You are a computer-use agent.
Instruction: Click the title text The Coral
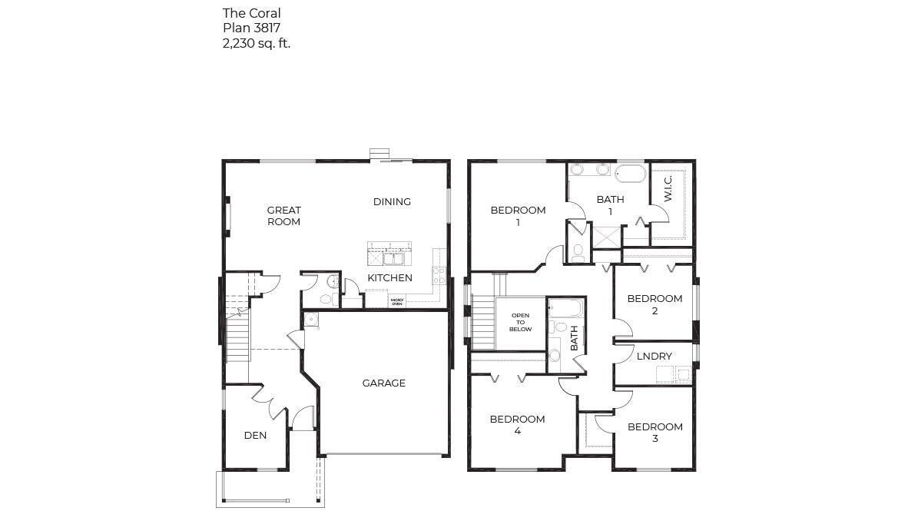pos(251,13)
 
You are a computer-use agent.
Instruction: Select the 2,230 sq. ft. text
pos(256,44)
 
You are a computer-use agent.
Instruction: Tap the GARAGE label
pos(383,383)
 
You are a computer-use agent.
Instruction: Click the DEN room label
pos(255,436)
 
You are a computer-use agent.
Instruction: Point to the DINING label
pos(392,202)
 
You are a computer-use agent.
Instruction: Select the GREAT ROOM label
pos(283,216)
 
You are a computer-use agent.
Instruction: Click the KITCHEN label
pos(389,278)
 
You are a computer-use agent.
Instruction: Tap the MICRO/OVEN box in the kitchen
pos(397,302)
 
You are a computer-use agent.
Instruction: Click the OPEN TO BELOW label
pos(520,322)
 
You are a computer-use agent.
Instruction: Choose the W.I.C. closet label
pos(668,189)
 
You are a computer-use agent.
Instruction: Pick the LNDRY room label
pos(654,357)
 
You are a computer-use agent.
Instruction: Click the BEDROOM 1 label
pos(518,216)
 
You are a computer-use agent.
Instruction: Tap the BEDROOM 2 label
pos(654,304)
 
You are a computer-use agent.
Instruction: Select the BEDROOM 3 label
pos(654,433)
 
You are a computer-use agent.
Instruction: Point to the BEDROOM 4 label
pos(517,425)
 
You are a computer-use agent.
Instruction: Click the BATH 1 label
pos(610,205)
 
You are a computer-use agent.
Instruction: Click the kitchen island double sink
pos(390,248)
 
